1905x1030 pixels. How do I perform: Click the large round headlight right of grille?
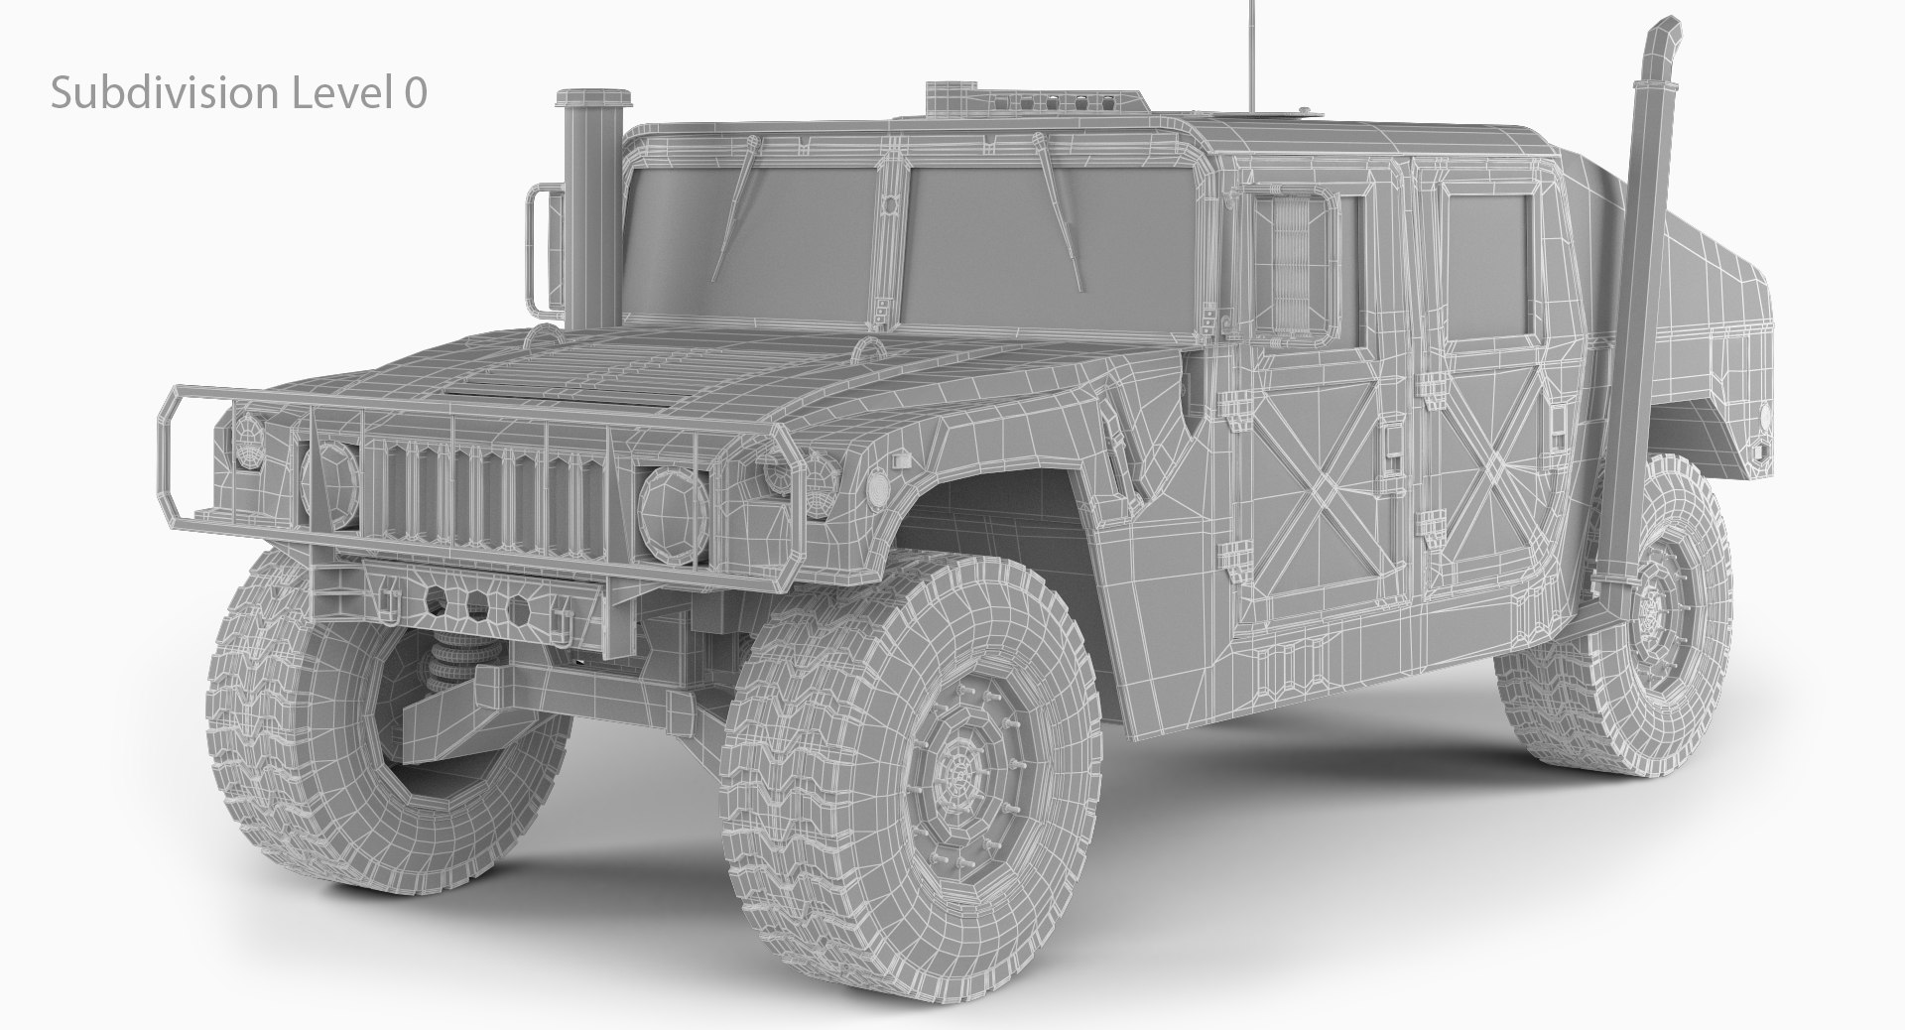click(x=673, y=507)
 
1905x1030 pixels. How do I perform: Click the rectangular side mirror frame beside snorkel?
click(x=541, y=248)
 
